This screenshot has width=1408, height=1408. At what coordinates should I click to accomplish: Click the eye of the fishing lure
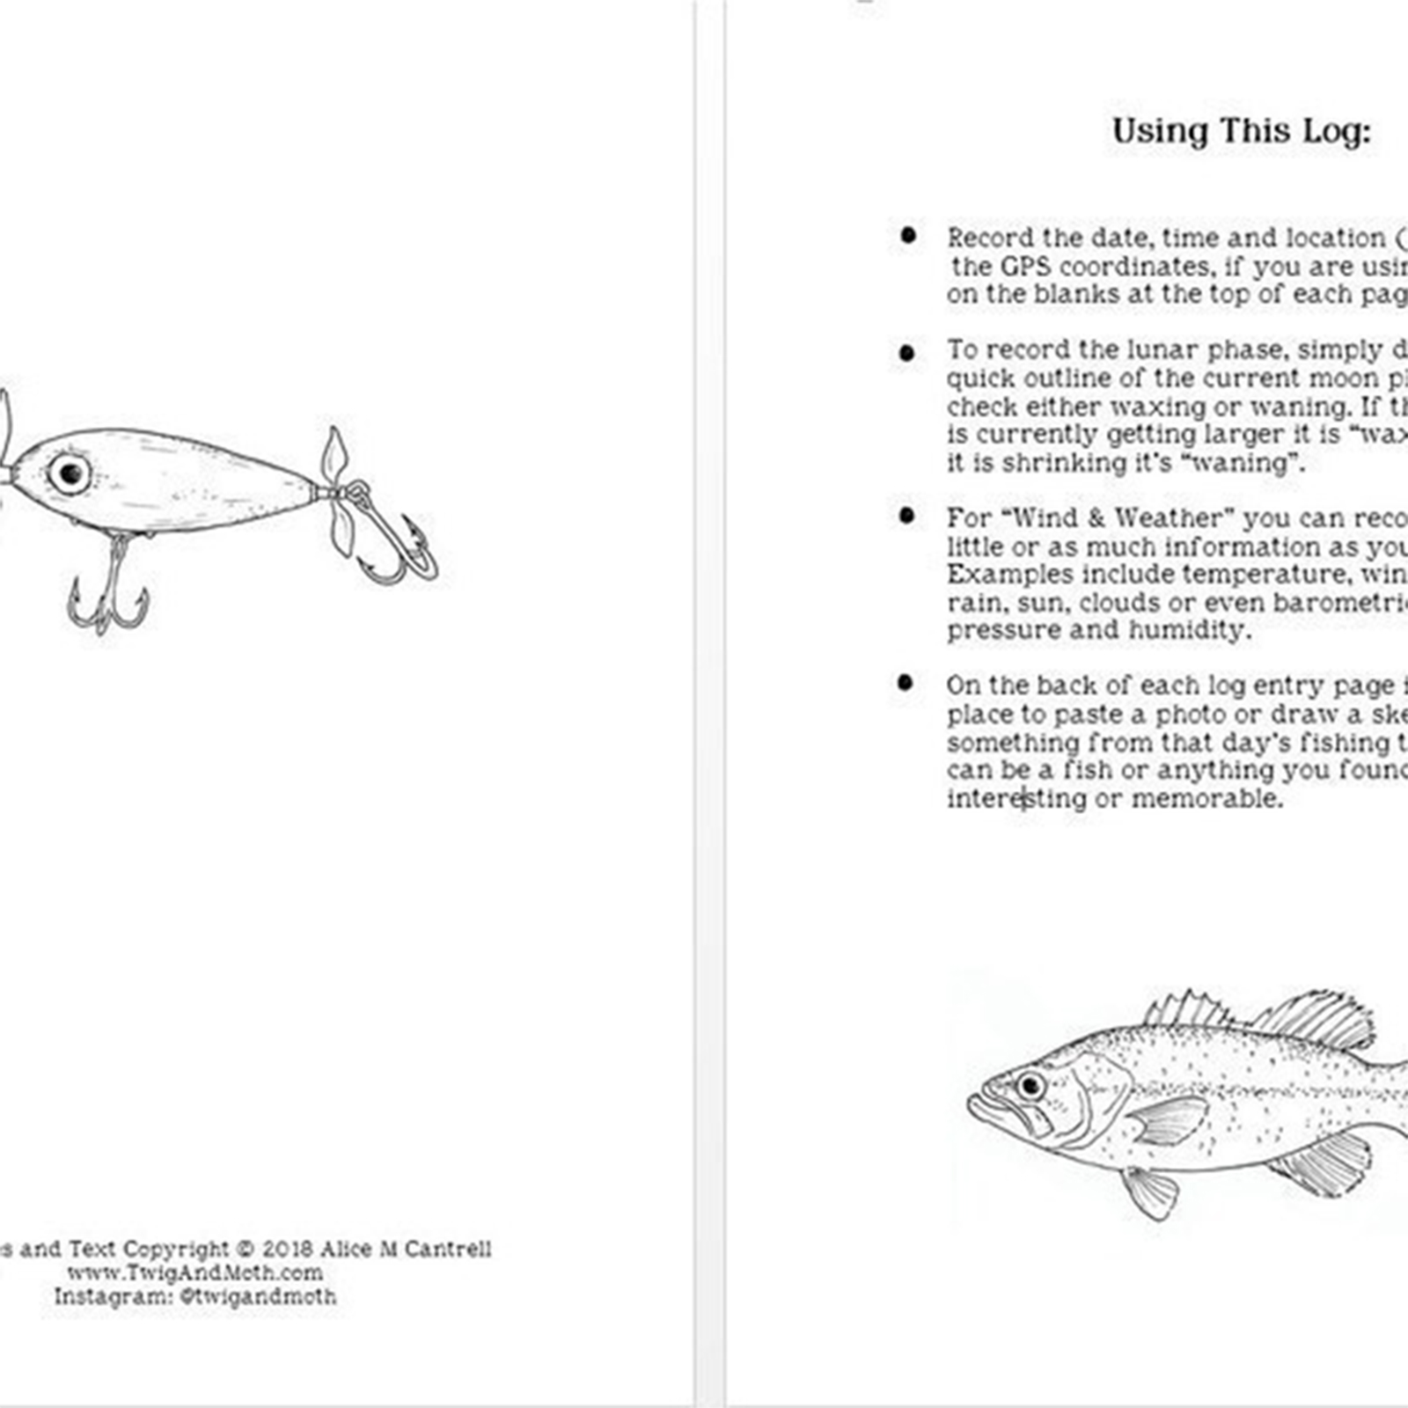tap(70, 473)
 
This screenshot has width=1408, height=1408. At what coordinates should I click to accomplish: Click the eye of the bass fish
tap(1029, 1084)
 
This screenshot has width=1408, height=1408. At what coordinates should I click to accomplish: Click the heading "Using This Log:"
tap(1241, 131)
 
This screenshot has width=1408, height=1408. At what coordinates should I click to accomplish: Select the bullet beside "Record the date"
tap(908, 236)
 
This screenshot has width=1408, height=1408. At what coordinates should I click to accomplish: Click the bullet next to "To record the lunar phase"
tap(907, 353)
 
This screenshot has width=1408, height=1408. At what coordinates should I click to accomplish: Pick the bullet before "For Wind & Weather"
tap(907, 516)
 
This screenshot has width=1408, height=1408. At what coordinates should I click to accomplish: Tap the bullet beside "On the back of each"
tap(906, 683)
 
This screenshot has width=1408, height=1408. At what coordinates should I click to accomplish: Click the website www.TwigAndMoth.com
tap(194, 1272)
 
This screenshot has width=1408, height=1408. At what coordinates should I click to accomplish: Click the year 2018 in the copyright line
tap(287, 1250)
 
